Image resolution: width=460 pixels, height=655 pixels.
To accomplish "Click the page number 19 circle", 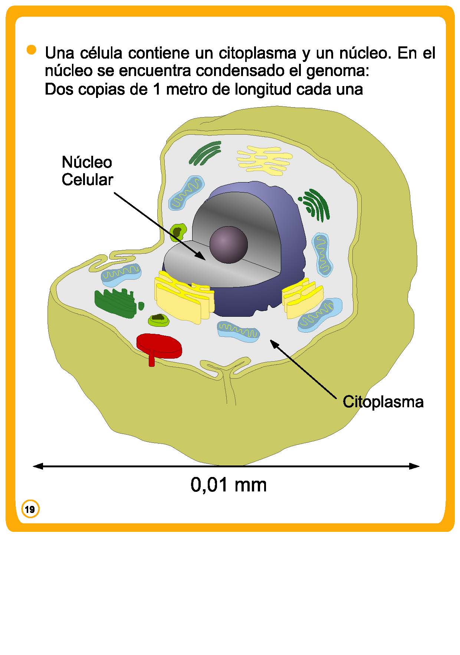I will click(x=30, y=509).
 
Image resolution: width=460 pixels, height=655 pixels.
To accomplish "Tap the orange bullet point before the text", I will click(x=32, y=50).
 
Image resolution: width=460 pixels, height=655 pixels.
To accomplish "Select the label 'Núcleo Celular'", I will click(x=87, y=171).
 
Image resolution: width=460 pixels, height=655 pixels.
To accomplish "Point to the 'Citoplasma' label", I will click(x=383, y=402).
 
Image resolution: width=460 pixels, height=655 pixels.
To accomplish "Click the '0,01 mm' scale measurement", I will click(x=229, y=484).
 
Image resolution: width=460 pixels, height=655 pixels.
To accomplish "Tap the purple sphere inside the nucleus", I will click(x=228, y=244).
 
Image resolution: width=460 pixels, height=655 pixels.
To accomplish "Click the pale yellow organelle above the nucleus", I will click(x=264, y=159).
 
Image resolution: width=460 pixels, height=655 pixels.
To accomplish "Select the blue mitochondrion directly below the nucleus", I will click(x=238, y=331).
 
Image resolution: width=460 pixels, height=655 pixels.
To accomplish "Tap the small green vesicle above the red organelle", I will click(x=159, y=319).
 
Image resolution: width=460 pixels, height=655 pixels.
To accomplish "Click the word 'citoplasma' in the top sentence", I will click(x=257, y=53).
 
